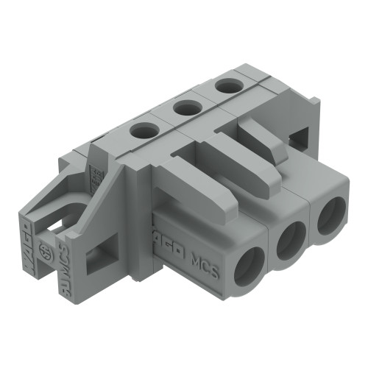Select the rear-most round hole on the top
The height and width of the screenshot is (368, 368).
point(224,86)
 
